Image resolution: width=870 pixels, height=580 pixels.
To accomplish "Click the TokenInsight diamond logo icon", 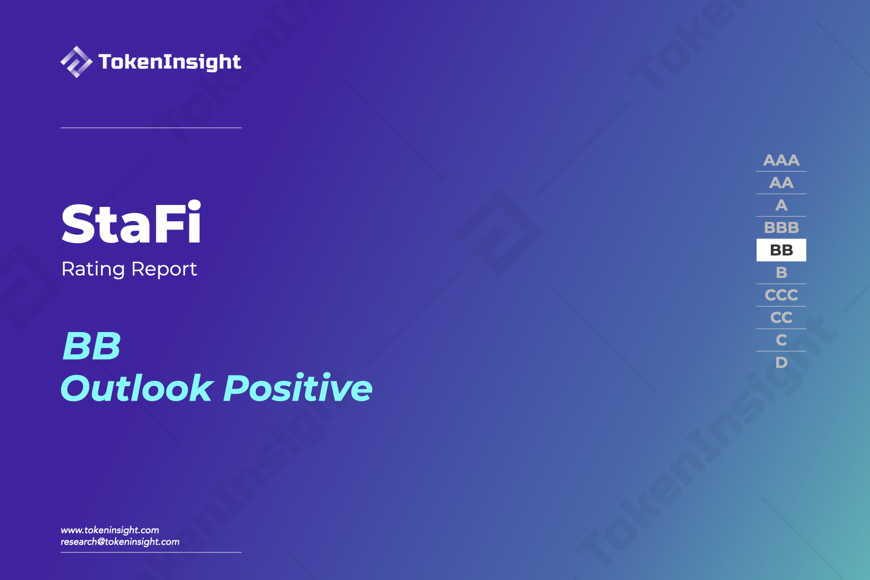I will pyautogui.click(x=76, y=62).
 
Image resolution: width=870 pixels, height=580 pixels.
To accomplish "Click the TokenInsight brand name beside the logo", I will pyautogui.click(x=170, y=62).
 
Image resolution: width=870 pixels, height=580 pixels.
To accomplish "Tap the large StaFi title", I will pyautogui.click(x=131, y=223).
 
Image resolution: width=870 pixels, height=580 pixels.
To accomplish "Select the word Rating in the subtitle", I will pyautogui.click(x=93, y=269).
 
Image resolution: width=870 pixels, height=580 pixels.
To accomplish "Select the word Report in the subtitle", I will pyautogui.click(x=164, y=269).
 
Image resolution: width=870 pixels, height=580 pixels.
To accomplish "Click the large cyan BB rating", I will pyautogui.click(x=92, y=346).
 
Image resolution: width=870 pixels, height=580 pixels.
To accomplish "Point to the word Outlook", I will pyautogui.click(x=137, y=388).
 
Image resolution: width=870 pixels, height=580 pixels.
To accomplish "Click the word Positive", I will pyautogui.click(x=298, y=388).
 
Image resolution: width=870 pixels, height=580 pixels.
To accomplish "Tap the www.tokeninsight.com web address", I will pyautogui.click(x=110, y=530).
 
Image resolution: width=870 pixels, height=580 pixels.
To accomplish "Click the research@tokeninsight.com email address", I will pyautogui.click(x=120, y=542).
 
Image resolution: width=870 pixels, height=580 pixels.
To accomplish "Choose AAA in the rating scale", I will pyautogui.click(x=781, y=160).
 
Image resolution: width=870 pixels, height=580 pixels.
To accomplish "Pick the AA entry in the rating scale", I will pyautogui.click(x=781, y=183).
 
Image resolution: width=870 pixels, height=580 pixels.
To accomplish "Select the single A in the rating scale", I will pyautogui.click(x=781, y=205).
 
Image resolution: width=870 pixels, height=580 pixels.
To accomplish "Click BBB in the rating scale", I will pyautogui.click(x=781, y=228).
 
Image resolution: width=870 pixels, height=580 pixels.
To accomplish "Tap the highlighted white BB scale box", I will pyautogui.click(x=781, y=250).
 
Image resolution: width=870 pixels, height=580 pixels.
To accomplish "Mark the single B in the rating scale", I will pyautogui.click(x=781, y=273).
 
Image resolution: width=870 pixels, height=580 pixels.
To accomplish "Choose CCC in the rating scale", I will pyautogui.click(x=781, y=295).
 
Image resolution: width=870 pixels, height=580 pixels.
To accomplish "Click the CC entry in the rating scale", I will pyautogui.click(x=781, y=318).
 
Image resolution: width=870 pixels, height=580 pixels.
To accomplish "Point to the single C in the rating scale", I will pyautogui.click(x=781, y=340).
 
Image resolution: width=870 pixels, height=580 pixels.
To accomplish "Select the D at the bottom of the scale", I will pyautogui.click(x=781, y=362).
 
